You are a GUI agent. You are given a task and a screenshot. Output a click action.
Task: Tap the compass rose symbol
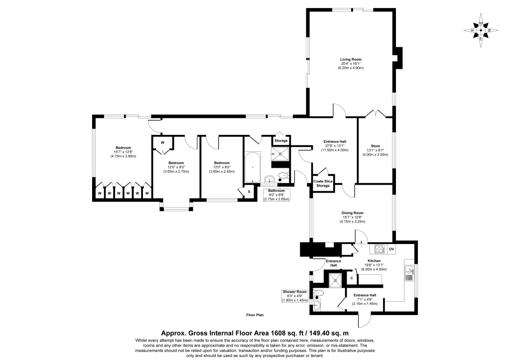click(x=481, y=30)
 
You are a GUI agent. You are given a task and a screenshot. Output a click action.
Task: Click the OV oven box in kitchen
click(x=391, y=249)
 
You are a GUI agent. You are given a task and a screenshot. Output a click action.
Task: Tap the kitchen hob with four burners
click(x=379, y=249)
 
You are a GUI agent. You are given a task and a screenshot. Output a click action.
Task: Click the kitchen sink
click(x=409, y=273)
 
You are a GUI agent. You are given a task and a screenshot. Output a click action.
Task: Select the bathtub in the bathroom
click(x=253, y=167)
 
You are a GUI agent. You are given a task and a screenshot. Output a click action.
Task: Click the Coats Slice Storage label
click(x=323, y=183)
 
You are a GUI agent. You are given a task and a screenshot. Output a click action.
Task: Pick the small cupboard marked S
click(x=249, y=192)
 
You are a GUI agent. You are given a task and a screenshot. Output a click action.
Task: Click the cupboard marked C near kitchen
click(x=352, y=278)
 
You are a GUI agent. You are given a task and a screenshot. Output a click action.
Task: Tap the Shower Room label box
click(x=295, y=296)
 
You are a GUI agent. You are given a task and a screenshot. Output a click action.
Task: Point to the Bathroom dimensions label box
click(x=276, y=195)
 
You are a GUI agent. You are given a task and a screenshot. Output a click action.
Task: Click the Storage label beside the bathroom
click(x=281, y=141)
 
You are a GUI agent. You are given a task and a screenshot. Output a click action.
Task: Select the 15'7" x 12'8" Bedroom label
click(x=123, y=152)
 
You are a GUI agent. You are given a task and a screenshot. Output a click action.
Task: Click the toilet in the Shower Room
click(x=318, y=293)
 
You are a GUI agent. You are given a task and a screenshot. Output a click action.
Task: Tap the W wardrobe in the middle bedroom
click(x=163, y=142)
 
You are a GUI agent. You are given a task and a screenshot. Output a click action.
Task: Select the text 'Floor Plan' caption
click(x=255, y=315)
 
